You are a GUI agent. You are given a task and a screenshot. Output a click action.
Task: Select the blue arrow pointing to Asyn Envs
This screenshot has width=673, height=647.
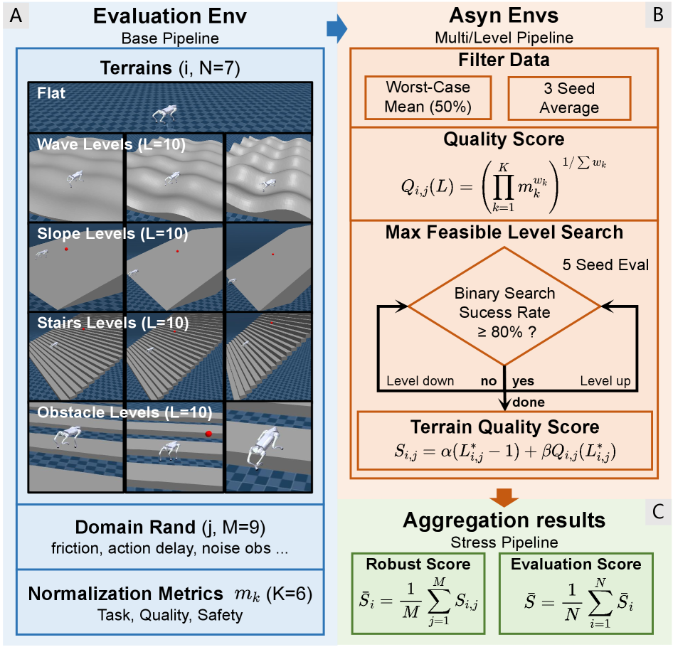[x=336, y=27]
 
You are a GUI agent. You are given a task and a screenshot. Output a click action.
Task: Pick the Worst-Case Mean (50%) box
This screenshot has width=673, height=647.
[x=428, y=97]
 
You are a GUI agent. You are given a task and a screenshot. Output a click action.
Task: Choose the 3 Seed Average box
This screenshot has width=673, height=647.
[x=570, y=97]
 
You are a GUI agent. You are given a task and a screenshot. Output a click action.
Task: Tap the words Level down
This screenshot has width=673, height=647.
[x=420, y=380]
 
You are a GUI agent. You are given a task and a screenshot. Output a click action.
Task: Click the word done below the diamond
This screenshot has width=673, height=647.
[x=528, y=402]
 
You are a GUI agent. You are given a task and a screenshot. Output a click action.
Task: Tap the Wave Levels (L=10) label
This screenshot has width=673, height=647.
[x=112, y=144]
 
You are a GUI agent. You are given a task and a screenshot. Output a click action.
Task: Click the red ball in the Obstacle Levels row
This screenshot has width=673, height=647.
[x=208, y=434]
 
